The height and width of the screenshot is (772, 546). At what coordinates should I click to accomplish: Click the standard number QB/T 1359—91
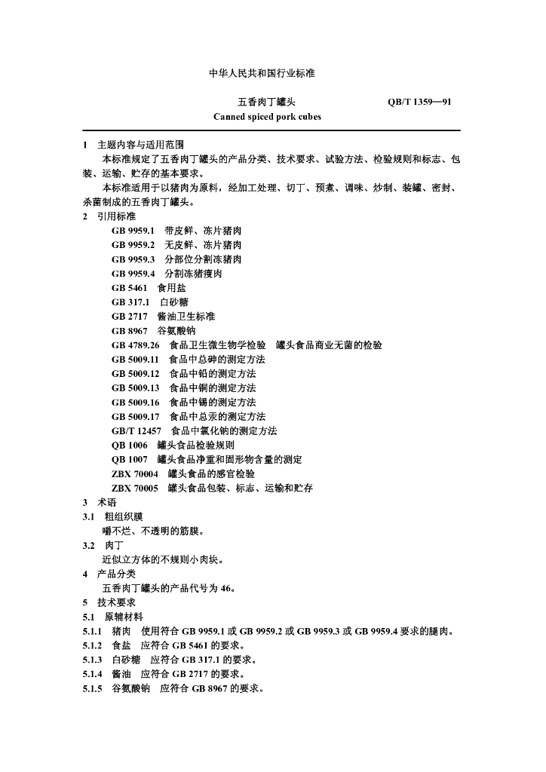click(419, 101)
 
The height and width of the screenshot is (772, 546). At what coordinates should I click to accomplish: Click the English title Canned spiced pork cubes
click(267, 117)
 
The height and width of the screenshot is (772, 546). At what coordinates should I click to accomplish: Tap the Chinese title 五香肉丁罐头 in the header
click(267, 101)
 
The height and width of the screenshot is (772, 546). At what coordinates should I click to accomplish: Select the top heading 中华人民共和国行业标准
click(261, 73)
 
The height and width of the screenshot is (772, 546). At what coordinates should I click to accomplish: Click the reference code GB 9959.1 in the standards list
click(133, 231)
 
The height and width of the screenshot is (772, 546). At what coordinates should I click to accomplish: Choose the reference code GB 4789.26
click(136, 345)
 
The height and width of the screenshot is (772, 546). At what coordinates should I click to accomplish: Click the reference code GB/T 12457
click(136, 431)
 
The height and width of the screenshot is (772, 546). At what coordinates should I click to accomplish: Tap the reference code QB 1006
click(130, 446)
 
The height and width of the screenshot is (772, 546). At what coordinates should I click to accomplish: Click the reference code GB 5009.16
click(136, 403)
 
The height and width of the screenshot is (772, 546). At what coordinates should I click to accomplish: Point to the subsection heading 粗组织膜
click(123, 517)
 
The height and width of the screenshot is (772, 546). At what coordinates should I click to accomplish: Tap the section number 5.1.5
click(92, 689)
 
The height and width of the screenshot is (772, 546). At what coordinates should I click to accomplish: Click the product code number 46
click(228, 589)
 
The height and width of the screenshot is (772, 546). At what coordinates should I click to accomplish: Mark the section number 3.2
click(89, 546)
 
